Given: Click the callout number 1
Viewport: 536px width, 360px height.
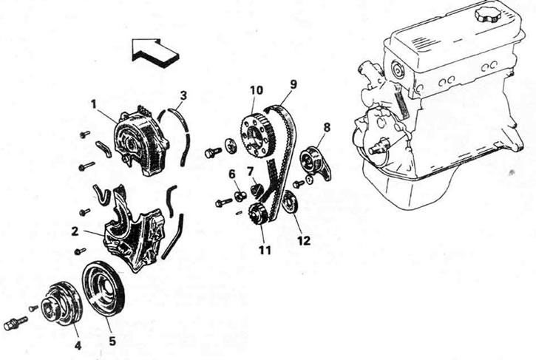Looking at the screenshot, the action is pyautogui.click(x=94, y=104).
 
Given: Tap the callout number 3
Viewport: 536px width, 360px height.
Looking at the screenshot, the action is pyautogui.click(x=183, y=95).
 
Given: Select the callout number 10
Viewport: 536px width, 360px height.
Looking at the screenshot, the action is pyautogui.click(x=257, y=90).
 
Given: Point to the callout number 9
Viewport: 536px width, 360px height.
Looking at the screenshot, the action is pyautogui.click(x=294, y=84).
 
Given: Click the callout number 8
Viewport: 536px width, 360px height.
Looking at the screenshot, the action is pyautogui.click(x=327, y=128).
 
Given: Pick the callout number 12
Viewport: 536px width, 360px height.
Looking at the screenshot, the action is pyautogui.click(x=304, y=241).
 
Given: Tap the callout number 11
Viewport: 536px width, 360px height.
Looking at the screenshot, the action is pyautogui.click(x=265, y=251).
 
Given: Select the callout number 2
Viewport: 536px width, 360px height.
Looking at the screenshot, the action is pyautogui.click(x=75, y=231).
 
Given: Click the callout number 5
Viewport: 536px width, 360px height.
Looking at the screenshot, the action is pyautogui.click(x=112, y=341).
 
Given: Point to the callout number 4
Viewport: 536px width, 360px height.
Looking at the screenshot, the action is pyautogui.click(x=78, y=345).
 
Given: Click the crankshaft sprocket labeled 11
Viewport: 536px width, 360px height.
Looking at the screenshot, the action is pyautogui.click(x=258, y=214).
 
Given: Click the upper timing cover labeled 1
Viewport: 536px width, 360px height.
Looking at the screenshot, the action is pyautogui.click(x=141, y=141).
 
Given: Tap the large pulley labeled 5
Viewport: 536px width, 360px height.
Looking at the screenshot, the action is pyautogui.click(x=104, y=290).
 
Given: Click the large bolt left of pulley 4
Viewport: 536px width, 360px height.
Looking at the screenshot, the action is pyautogui.click(x=16, y=323).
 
